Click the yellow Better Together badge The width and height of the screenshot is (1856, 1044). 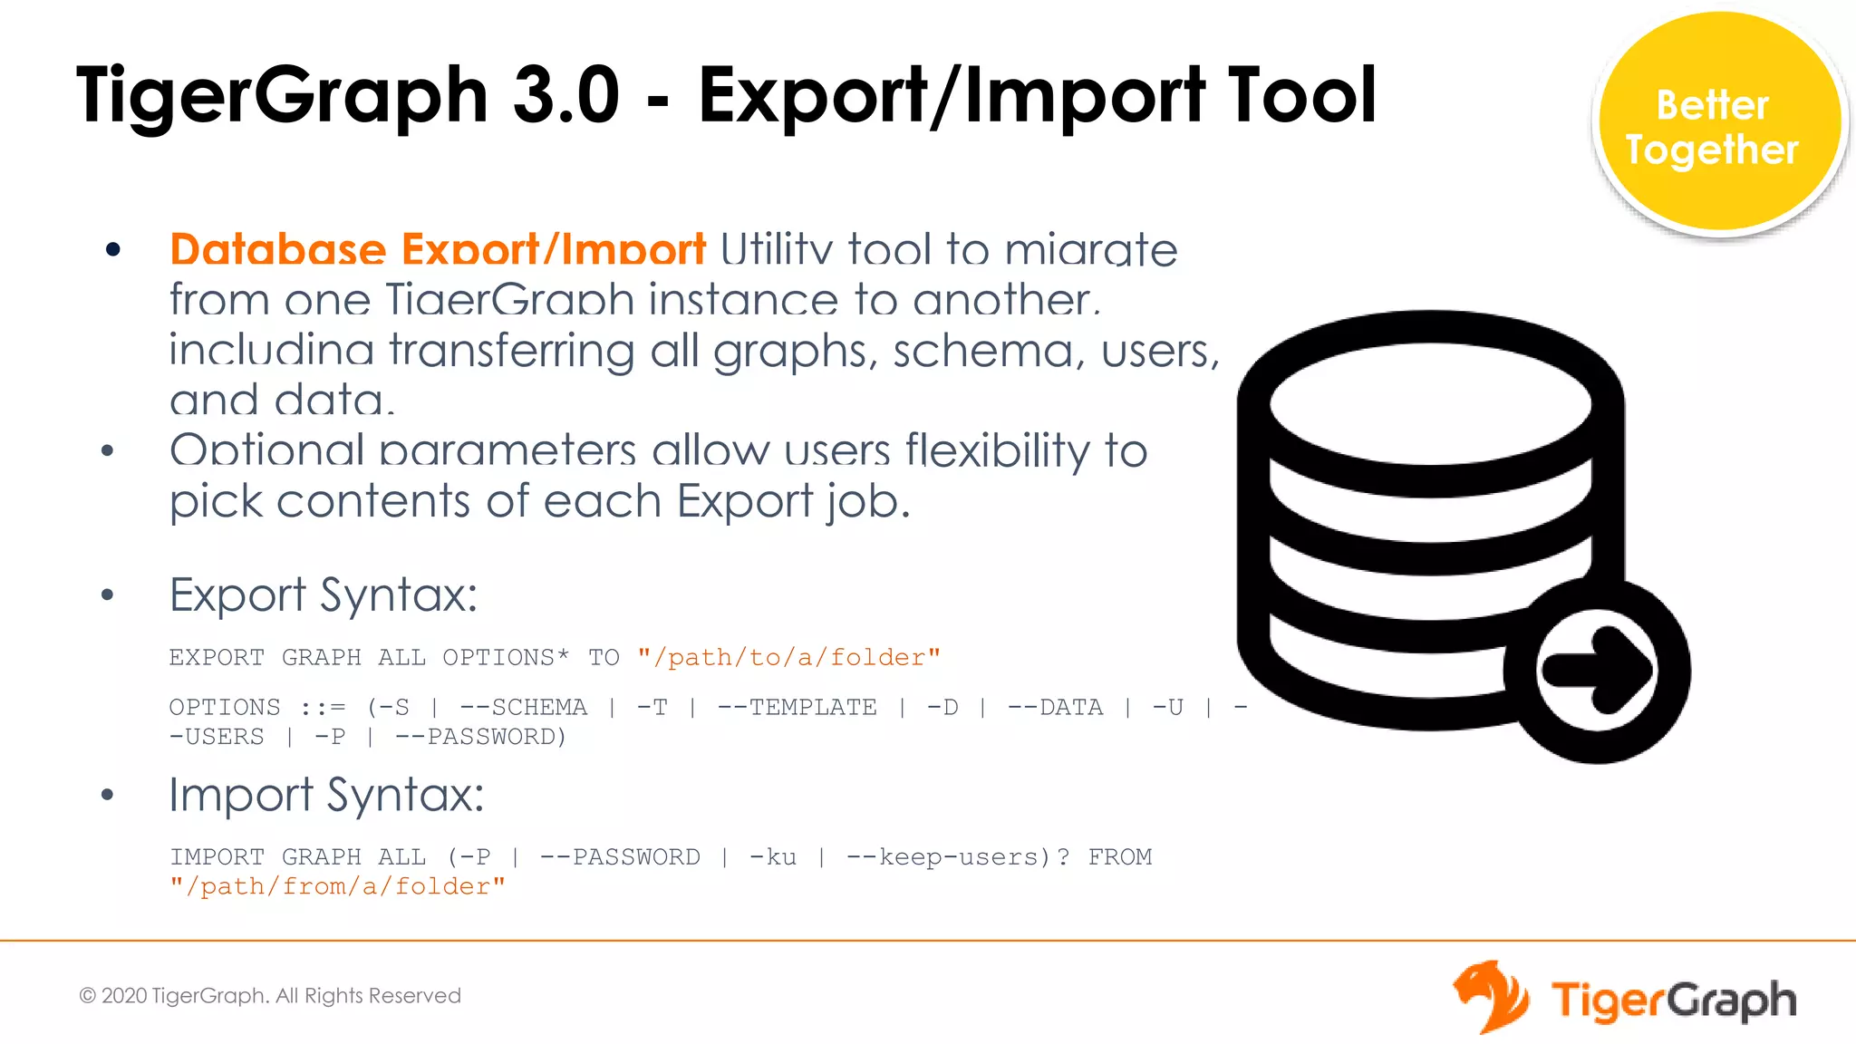coord(1719,124)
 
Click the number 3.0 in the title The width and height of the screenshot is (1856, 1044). coord(565,95)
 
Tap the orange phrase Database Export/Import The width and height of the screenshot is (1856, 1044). coord(438,249)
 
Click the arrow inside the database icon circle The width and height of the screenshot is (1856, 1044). coord(1598,671)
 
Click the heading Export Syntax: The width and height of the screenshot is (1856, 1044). coord(323,595)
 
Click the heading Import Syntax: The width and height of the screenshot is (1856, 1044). coord(326,795)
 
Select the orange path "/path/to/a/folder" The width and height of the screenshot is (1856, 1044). coord(788,657)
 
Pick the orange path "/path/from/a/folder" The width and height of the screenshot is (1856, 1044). coord(337,886)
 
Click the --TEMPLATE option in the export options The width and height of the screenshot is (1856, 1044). coord(797,707)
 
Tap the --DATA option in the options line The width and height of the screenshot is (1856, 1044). coord(1055,707)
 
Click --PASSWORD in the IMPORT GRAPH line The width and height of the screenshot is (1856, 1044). coord(620,856)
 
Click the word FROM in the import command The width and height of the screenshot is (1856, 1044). coord(1119,856)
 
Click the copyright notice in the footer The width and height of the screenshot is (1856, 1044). coord(270,995)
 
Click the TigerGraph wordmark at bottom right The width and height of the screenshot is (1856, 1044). coord(1673,1000)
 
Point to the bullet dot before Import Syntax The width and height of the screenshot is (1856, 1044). coord(108,795)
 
